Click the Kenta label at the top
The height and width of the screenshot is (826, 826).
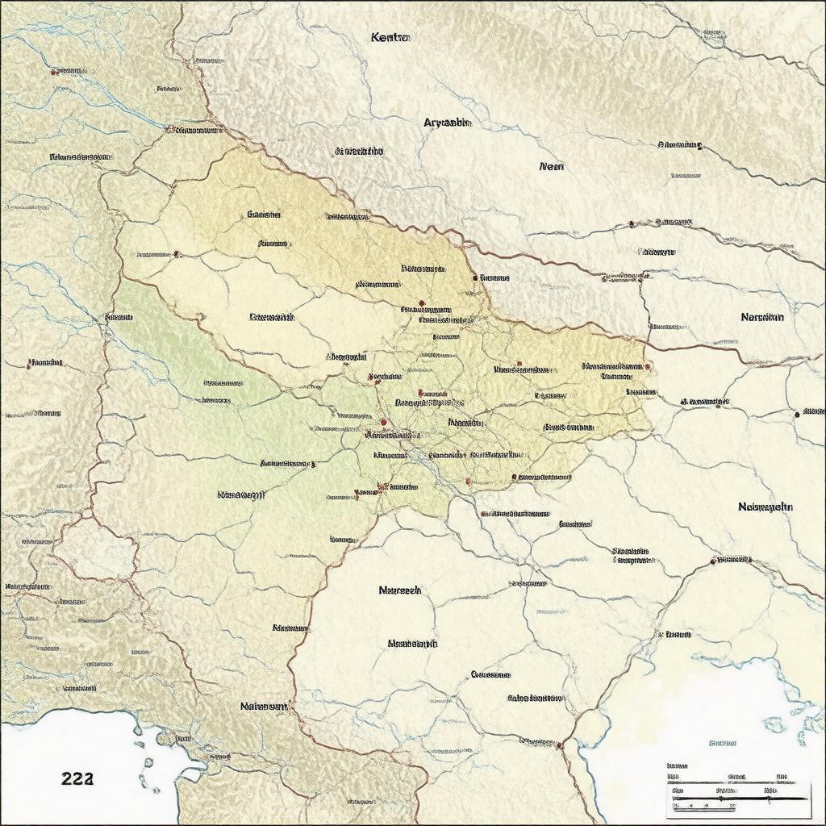390,38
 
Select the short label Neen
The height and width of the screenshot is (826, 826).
551,167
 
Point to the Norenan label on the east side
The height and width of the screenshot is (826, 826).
761,318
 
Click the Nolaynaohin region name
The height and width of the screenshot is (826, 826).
765,507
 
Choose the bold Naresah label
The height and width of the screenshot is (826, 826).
399,590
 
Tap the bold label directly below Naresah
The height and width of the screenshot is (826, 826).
412,644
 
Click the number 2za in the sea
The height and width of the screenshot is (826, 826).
77,778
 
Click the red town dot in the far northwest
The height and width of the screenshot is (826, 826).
54,72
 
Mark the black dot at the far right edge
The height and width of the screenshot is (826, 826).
797,414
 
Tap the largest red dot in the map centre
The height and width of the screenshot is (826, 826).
384,422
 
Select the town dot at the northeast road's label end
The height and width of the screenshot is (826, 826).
699,147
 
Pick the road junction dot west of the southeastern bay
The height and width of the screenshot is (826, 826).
560,745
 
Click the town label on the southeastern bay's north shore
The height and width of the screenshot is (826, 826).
677,635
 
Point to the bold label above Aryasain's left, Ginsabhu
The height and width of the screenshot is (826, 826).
359,151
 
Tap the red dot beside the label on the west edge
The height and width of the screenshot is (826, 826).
30,364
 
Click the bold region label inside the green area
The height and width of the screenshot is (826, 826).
241,494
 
